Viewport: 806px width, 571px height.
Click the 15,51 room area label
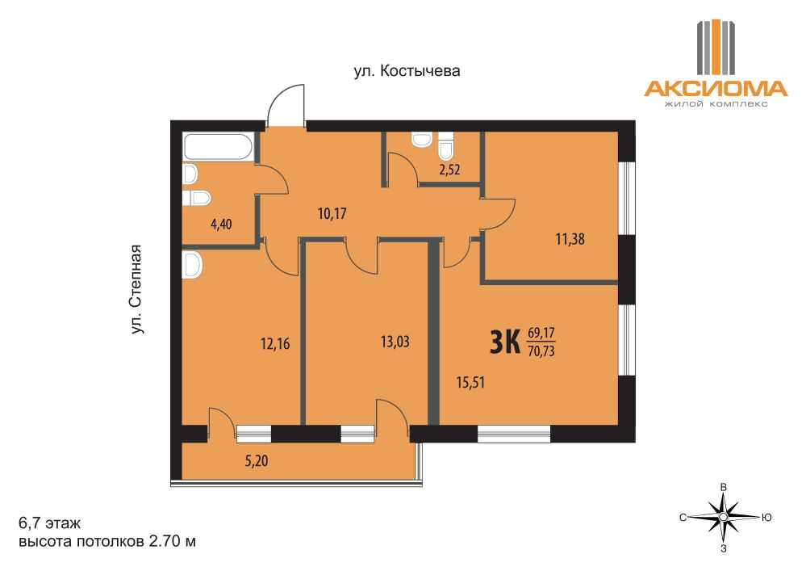pyautogui.click(x=470, y=383)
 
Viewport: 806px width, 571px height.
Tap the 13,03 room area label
pyautogui.click(x=395, y=342)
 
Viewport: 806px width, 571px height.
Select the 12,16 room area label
pyautogui.click(x=275, y=343)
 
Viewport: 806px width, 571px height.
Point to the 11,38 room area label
pyautogui.click(x=570, y=239)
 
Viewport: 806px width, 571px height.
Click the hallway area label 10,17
pyautogui.click(x=332, y=213)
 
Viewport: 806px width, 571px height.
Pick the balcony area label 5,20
pyautogui.click(x=256, y=461)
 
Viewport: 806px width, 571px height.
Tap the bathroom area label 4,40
pyautogui.click(x=221, y=225)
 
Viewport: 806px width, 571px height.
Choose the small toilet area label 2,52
pyautogui.click(x=449, y=170)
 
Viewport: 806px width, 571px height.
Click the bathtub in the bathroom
pyautogui.click(x=219, y=147)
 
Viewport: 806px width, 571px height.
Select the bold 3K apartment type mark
pyautogui.click(x=505, y=342)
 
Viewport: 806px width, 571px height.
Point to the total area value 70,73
pyautogui.click(x=541, y=351)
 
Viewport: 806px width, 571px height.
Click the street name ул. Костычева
pyautogui.click(x=407, y=71)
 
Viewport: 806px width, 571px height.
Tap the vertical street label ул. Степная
pyautogui.click(x=136, y=289)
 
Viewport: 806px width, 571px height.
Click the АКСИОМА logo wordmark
pyautogui.click(x=716, y=89)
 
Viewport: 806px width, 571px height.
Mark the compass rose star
pyautogui.click(x=723, y=516)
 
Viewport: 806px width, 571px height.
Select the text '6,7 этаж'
pyautogui.click(x=49, y=523)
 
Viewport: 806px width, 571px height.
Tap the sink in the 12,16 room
pyautogui.click(x=192, y=265)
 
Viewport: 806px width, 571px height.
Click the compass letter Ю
pyautogui.click(x=766, y=518)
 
